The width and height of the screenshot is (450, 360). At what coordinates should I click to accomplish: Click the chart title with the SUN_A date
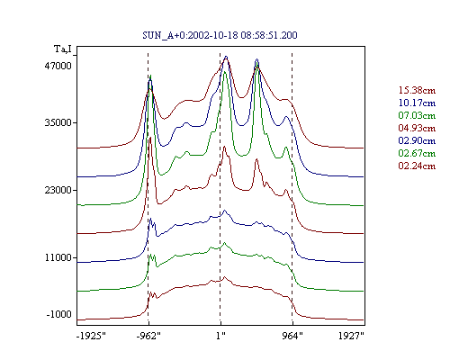coord(220,35)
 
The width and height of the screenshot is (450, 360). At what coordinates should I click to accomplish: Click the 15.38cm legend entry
coord(417,90)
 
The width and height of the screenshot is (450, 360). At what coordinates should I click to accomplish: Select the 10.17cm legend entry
coord(417,103)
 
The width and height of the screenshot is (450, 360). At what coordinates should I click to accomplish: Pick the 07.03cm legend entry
coord(417,115)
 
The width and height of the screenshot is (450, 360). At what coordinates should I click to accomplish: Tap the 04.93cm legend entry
coord(417,128)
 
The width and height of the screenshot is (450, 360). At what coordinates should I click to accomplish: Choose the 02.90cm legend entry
coord(417,140)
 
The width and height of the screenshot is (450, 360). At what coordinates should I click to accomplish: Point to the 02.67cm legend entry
coord(417,153)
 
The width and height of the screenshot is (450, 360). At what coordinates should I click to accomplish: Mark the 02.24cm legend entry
coord(417,166)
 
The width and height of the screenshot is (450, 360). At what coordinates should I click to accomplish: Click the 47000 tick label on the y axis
coord(58,66)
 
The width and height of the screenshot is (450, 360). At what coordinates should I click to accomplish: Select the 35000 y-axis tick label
coord(58,122)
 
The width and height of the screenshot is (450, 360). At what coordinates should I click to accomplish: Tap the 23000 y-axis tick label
coord(58,190)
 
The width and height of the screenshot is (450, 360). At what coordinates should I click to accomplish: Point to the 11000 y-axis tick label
coord(58,257)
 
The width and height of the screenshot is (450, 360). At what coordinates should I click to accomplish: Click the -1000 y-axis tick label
coord(59,314)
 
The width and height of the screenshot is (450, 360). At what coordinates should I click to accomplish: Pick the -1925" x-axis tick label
coord(92,336)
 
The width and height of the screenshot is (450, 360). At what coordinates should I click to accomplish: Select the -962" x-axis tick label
coord(148,336)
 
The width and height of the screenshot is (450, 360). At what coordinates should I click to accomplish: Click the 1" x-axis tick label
coord(220,336)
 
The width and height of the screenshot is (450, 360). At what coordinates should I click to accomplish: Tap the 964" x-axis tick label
coord(292,336)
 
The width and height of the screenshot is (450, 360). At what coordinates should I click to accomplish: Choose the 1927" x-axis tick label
coord(351,336)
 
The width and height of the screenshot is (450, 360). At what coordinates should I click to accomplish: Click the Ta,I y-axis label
coord(63,49)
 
